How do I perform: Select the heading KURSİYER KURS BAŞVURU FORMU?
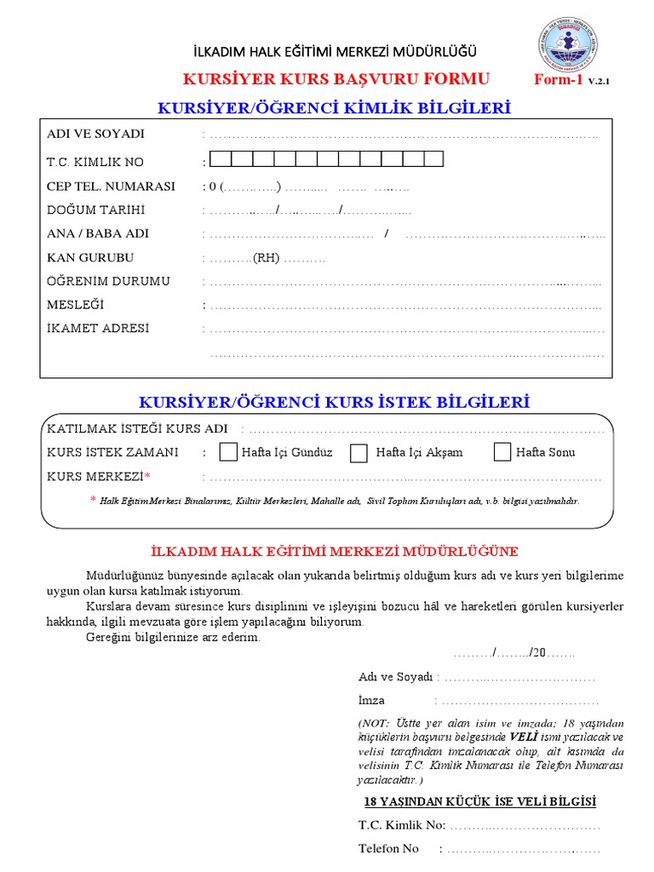tap(336, 79)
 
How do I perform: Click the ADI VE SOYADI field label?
tap(95, 134)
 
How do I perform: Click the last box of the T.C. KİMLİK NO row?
tap(433, 158)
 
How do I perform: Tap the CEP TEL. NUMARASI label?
tap(111, 186)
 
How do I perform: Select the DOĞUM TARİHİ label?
tap(96, 210)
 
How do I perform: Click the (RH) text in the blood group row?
tap(266, 258)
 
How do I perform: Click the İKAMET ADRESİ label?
tap(98, 329)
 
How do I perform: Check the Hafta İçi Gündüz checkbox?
tap(228, 451)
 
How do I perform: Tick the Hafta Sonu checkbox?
tap(502, 451)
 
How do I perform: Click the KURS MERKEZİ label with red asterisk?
tap(99, 476)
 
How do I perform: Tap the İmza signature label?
tap(372, 701)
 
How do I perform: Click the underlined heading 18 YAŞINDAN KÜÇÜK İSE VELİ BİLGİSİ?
tap(480, 802)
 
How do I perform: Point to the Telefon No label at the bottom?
tap(389, 849)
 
